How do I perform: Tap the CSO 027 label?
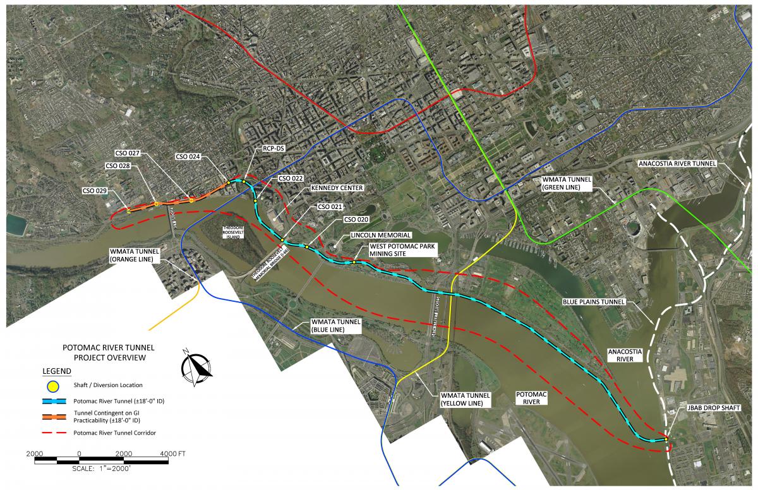pos(127,153)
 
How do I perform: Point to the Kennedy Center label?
pos(336,188)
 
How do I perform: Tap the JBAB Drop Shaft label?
pos(700,409)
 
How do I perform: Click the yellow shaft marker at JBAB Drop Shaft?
pos(666,439)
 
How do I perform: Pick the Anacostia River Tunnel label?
pos(677,164)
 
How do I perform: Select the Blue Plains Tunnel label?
pos(594,302)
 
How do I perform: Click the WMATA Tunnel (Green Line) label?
pos(567,183)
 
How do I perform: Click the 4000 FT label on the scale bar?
pos(173,454)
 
